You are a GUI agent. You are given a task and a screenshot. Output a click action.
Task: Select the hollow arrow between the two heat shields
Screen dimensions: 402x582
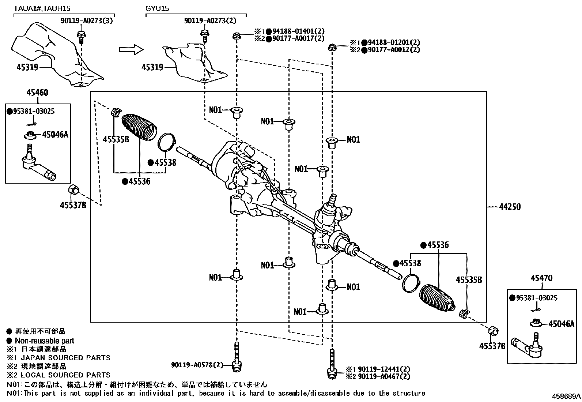(x=131, y=49)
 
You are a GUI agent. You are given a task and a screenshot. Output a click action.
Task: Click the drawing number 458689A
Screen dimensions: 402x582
(x=566, y=397)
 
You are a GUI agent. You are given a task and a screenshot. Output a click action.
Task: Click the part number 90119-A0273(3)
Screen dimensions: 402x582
(x=87, y=21)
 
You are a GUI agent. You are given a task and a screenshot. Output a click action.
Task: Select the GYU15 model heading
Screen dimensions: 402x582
(x=158, y=8)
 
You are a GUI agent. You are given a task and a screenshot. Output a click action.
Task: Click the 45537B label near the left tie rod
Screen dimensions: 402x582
(x=73, y=205)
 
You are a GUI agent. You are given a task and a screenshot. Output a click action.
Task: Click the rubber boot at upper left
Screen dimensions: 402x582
(x=139, y=127)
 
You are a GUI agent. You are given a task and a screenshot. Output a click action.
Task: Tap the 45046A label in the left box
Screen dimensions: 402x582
(x=55, y=135)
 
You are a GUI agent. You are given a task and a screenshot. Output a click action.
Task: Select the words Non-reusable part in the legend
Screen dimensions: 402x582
(x=44, y=341)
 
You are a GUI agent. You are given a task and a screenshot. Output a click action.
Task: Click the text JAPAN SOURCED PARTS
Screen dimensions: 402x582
(x=65, y=358)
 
